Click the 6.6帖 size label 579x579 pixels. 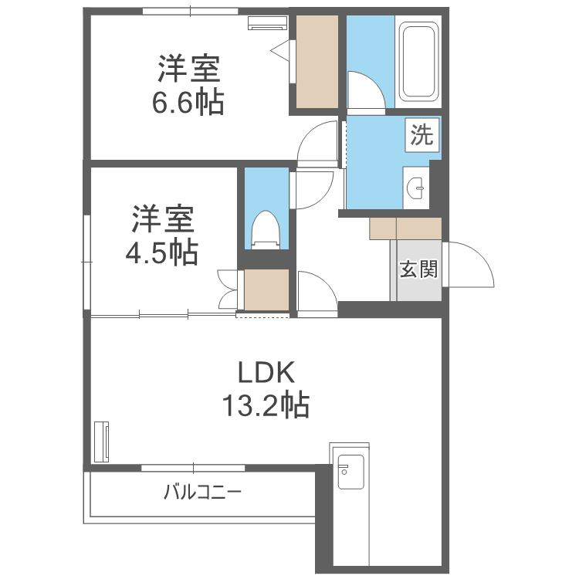pos(188,103)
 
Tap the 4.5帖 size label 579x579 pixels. pos(161,252)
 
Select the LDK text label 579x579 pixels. pos(265,374)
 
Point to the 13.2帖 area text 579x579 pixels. pos(265,405)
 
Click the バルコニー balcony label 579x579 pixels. pos(202,492)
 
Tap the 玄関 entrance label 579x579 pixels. pos(418,269)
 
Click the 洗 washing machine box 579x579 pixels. pos(422,136)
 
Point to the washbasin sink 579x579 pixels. pos(418,187)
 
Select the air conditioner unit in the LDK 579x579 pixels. pos(101,442)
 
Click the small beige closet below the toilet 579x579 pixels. pos(266,289)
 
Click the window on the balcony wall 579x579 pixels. pos(193,468)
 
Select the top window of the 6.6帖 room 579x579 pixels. pos(190,11)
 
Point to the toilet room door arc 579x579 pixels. pos(313,188)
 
